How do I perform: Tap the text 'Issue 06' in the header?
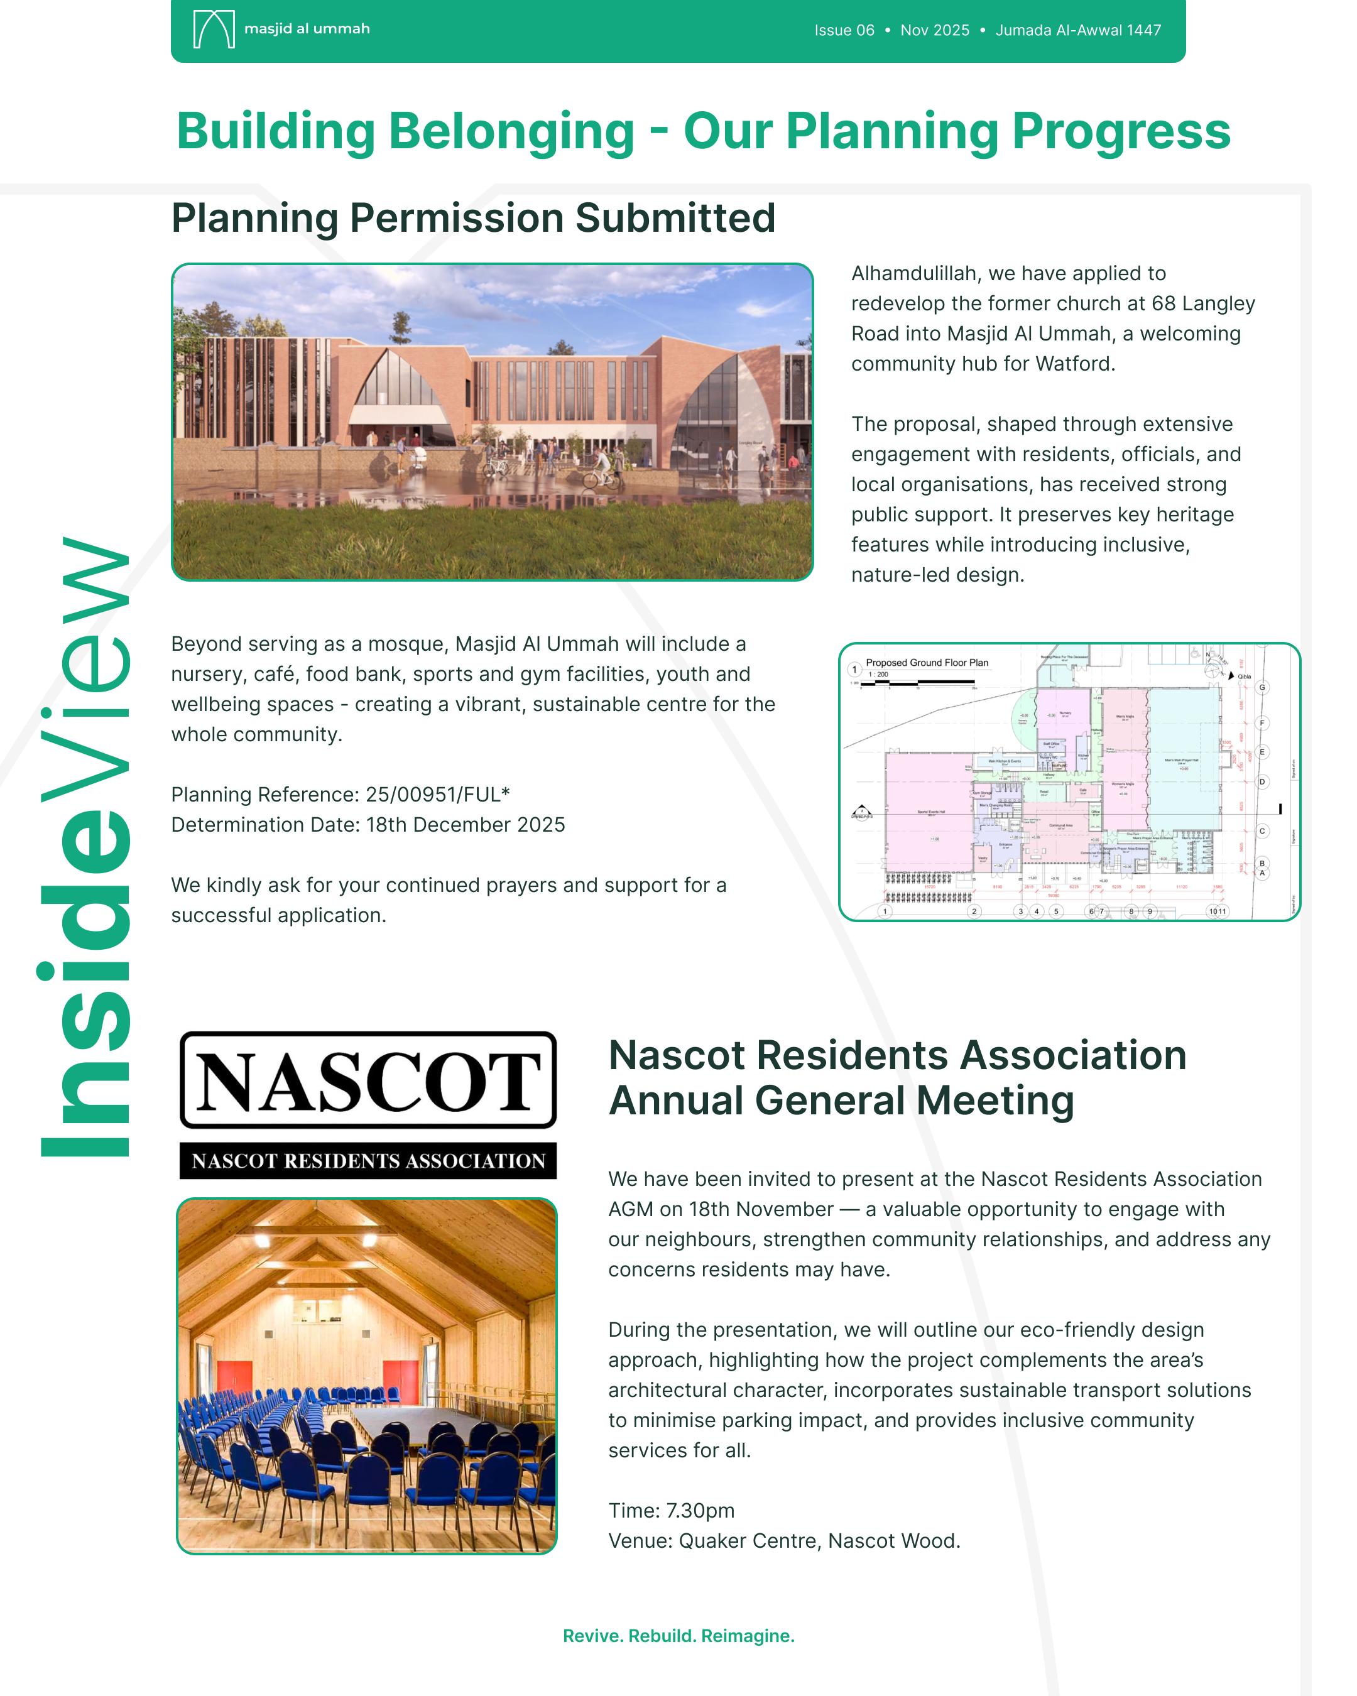click(x=844, y=31)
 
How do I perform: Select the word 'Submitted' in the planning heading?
click(x=675, y=218)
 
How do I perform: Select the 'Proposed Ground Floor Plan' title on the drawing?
click(x=927, y=662)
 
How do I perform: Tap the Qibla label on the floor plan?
click(x=1244, y=677)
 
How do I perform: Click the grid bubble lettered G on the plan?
click(x=1262, y=688)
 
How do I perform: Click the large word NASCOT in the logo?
click(x=368, y=1081)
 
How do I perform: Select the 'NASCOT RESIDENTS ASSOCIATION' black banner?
click(x=368, y=1161)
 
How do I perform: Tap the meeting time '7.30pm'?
click(x=700, y=1510)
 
